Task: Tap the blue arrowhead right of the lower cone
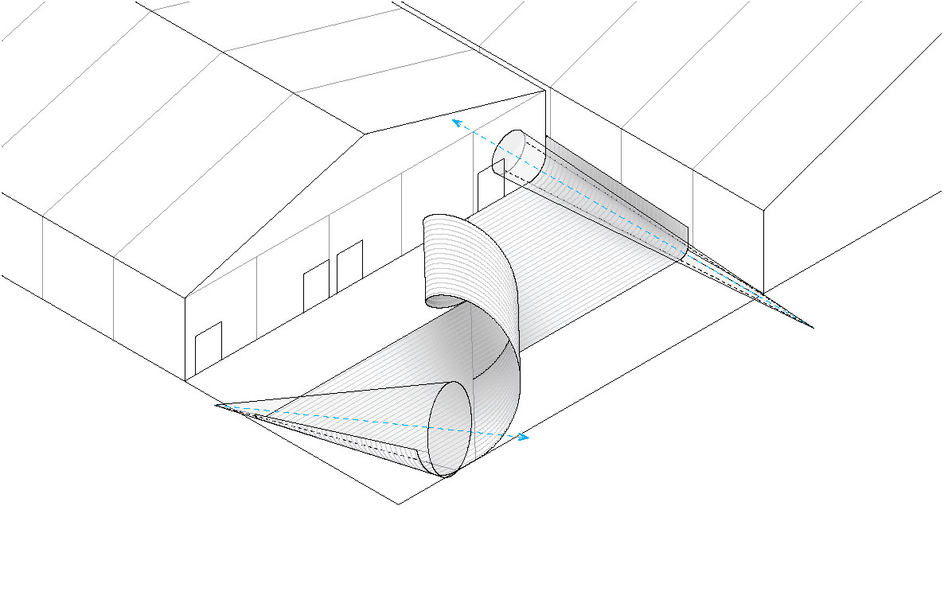[524, 437]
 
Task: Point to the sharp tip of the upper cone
[811, 327]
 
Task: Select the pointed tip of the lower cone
[220, 407]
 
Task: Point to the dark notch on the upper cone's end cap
[500, 165]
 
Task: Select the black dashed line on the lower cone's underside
[350, 437]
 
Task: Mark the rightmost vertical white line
[692, 207]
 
